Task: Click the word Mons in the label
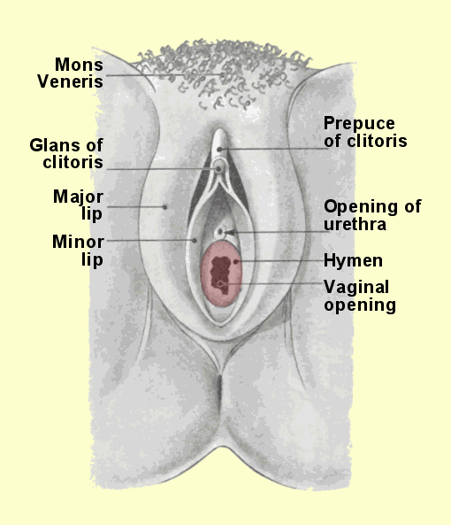[x=79, y=65]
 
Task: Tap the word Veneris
[x=70, y=81]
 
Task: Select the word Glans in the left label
[x=53, y=145]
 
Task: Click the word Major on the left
[x=78, y=197]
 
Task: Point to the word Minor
[x=78, y=242]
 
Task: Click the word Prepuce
[x=359, y=124]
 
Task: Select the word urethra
[x=355, y=224]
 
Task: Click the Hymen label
[x=353, y=261]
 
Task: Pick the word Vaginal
[x=356, y=287]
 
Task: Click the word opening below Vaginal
[x=360, y=305]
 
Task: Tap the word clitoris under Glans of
[x=73, y=162]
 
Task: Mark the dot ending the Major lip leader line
[x=164, y=207]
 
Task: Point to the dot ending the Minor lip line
[x=195, y=240]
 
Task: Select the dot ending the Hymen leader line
[x=236, y=261]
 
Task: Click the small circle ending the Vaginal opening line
[x=220, y=284]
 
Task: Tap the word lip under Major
[x=92, y=213]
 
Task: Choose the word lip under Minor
[x=92, y=259]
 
